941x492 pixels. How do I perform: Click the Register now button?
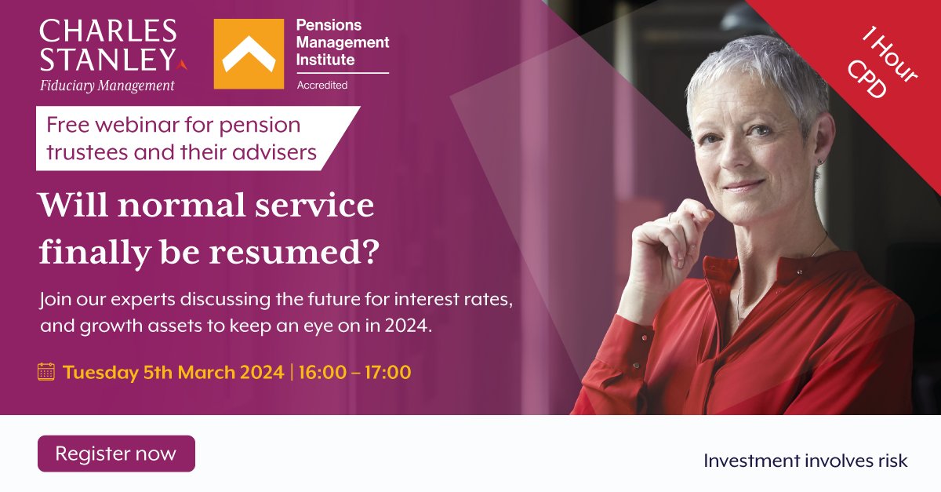click(x=116, y=454)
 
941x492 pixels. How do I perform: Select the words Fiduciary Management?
click(x=107, y=86)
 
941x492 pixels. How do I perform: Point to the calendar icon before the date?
click(x=46, y=372)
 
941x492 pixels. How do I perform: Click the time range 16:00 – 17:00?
click(x=354, y=372)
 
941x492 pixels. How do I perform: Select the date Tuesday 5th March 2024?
click(x=173, y=372)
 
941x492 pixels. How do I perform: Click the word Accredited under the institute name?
click(x=322, y=85)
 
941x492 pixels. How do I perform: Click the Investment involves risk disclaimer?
click(x=805, y=461)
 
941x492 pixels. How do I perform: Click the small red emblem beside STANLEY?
click(x=183, y=63)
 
